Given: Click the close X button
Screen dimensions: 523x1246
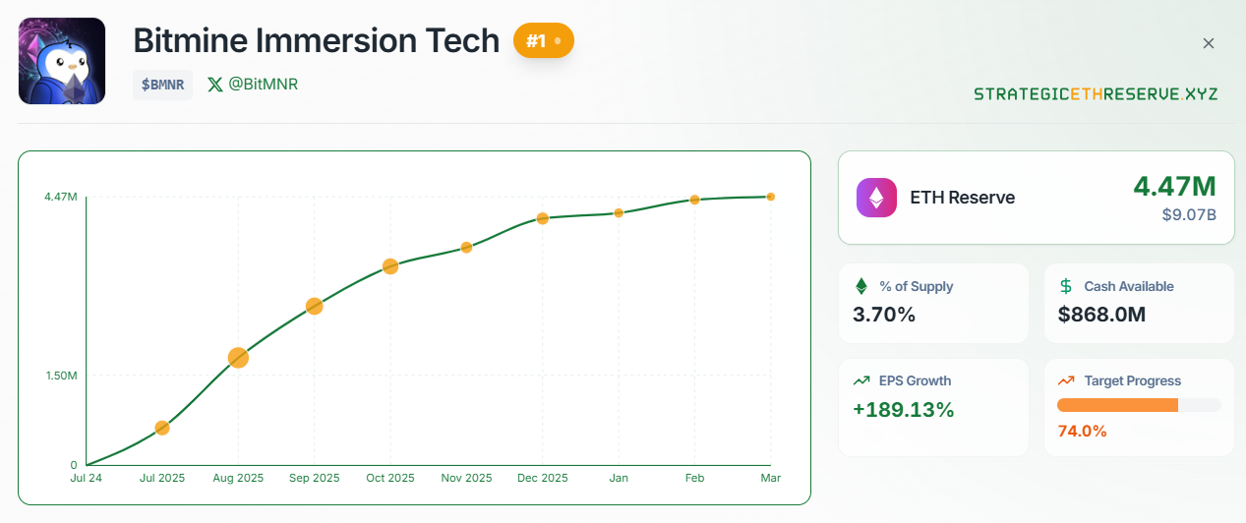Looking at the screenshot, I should (1209, 43).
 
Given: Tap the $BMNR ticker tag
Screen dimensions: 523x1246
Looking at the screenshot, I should (162, 85).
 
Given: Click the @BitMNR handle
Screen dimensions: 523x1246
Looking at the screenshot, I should (253, 85).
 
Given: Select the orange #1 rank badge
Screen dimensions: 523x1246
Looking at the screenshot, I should (543, 41).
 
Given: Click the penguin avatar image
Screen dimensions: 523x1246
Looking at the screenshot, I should (62, 61).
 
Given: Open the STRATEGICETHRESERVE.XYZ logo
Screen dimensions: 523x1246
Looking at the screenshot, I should (1096, 94).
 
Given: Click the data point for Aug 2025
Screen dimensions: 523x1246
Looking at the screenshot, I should (238, 358).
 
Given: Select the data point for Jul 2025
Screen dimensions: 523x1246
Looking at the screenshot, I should (162, 428).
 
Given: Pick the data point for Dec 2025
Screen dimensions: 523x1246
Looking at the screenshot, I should (542, 218).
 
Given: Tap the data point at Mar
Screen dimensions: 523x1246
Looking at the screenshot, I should (771, 197).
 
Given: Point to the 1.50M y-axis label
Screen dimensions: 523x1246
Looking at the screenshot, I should (61, 376).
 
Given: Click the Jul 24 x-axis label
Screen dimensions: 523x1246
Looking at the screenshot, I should (87, 479).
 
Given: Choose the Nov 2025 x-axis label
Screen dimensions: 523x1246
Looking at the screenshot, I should (466, 479).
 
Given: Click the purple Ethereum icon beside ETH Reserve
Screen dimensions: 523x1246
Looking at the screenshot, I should (876, 197).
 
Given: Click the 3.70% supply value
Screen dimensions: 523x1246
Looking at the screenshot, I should (884, 316).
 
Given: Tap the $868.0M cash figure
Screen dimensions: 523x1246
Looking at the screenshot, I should (1101, 316).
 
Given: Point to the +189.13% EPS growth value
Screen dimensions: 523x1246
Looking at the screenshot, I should (903, 410).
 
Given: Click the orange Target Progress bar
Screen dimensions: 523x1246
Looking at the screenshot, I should (1117, 405).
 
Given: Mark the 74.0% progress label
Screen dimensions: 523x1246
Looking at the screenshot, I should (1082, 431).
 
